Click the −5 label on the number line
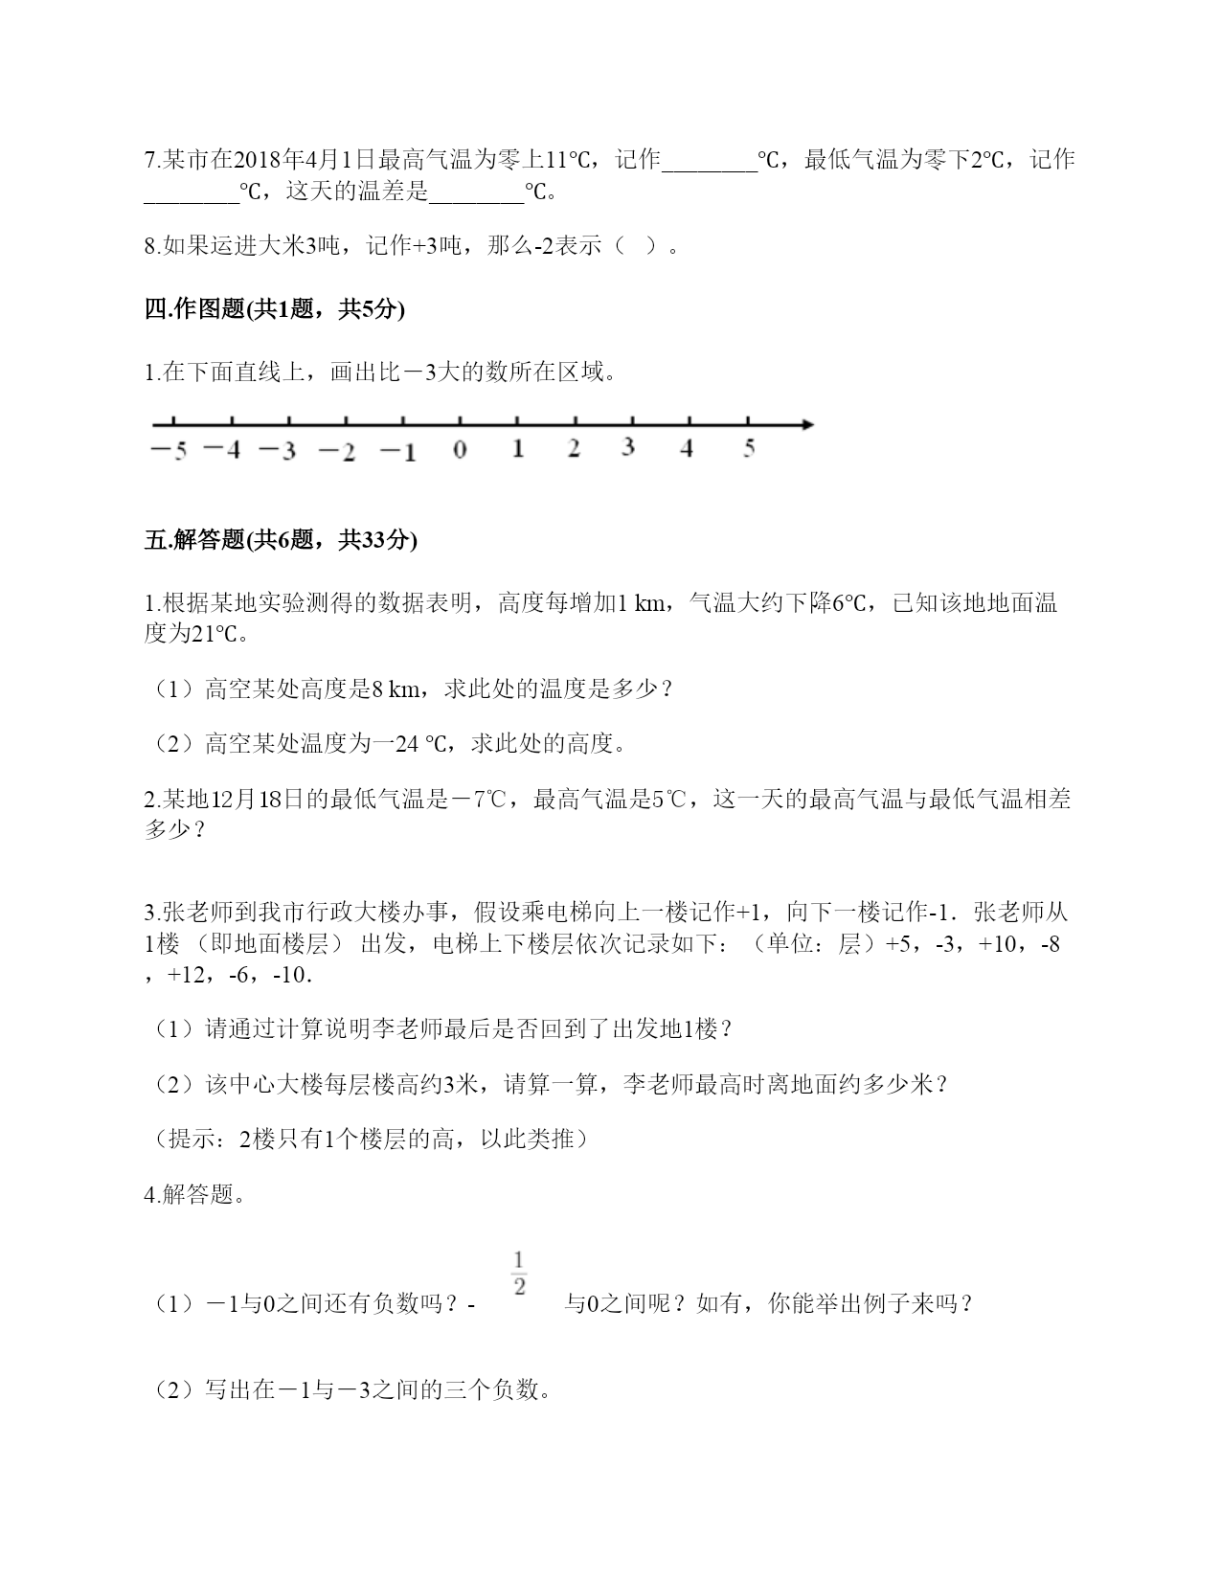[169, 451]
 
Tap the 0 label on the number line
[460, 450]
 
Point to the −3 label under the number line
[278, 450]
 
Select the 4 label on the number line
[686, 448]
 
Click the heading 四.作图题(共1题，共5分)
[274, 309]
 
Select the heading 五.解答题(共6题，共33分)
[281, 540]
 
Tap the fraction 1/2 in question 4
[519, 1273]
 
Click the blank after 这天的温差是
[476, 192]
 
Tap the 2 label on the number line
[574, 448]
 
